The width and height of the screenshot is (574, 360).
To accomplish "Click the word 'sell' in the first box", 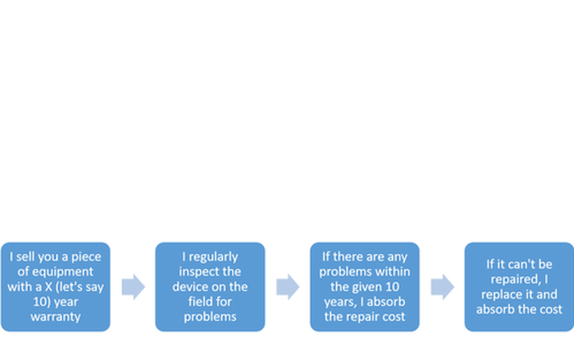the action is [25, 256].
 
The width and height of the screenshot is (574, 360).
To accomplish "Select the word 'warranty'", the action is [56, 317].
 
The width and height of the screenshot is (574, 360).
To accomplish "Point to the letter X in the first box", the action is [49, 286].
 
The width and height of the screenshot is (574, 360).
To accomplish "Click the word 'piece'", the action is [86, 257].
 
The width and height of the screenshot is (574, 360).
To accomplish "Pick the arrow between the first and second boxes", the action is [133, 286].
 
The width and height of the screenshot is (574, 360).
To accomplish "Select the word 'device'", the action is [189, 286].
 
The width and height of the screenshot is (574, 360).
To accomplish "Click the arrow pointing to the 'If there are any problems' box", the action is [288, 286].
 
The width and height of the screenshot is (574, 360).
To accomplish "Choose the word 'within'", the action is [393, 272].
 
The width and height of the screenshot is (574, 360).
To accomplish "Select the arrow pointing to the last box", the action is [442, 286].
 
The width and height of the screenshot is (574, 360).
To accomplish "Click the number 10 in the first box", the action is [40, 302].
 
